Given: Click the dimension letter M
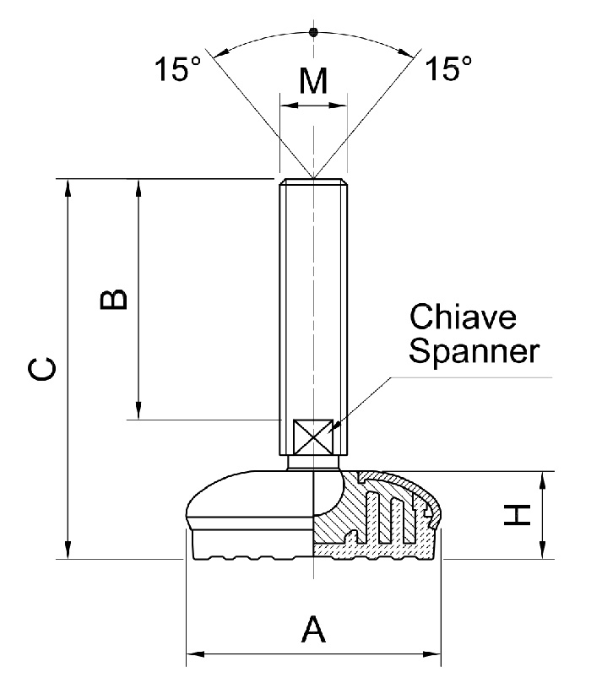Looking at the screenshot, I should point(313,82).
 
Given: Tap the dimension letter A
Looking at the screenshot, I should point(313,630).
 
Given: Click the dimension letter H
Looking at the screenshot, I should point(517,515).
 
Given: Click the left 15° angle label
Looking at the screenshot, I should point(177,70).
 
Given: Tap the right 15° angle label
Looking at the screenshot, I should point(447,70).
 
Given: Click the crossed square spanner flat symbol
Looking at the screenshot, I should point(312,436).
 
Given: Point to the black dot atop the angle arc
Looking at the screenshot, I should point(313,32).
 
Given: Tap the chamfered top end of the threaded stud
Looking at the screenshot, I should point(313,182).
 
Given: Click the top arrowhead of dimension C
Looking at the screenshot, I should point(68,186).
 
